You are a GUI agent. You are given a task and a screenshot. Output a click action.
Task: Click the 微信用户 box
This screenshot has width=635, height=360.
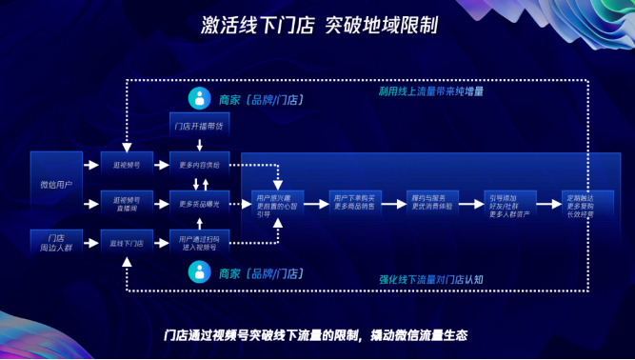click(x=56, y=183)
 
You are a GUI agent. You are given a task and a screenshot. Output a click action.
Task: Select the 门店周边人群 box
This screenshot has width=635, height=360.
click(x=56, y=243)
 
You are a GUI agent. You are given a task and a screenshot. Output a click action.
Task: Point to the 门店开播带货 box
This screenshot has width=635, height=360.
click(x=199, y=126)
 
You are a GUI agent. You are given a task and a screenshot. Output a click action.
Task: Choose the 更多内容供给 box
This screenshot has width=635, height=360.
click(x=199, y=164)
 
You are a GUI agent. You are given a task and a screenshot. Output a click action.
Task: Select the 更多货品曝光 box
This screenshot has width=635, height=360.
click(x=199, y=203)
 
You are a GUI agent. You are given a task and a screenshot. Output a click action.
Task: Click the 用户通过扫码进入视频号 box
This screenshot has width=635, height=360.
click(x=199, y=243)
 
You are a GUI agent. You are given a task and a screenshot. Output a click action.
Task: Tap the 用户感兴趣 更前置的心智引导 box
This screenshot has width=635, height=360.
click(x=277, y=203)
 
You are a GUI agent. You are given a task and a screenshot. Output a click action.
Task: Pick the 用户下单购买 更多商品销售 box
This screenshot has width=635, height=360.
click(x=354, y=203)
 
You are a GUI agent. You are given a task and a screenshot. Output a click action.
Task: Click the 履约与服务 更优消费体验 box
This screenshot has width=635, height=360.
click(x=431, y=203)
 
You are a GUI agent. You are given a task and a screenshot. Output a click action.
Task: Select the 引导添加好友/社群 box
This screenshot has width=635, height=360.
click(x=509, y=203)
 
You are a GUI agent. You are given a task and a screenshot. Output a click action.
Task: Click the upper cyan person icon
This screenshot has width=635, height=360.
click(x=199, y=97)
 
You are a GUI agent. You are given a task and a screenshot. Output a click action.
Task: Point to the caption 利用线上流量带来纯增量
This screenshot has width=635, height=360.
click(x=431, y=91)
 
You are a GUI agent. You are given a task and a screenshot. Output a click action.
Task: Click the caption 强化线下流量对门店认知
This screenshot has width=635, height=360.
click(x=431, y=280)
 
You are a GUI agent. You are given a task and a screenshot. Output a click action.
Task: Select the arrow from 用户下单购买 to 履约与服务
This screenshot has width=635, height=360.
click(x=393, y=203)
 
